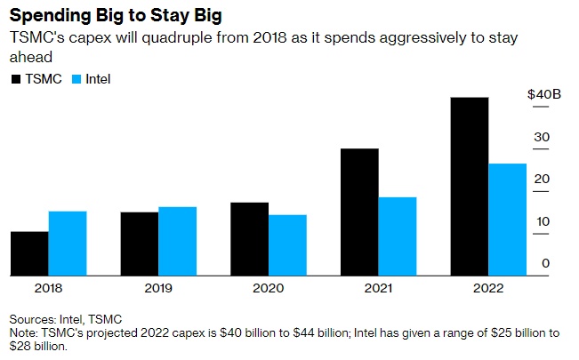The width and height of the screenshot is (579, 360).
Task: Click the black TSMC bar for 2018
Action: point(29,253)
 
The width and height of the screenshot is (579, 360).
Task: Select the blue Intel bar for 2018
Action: point(68,243)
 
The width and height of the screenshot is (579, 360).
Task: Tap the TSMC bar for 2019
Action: point(140,244)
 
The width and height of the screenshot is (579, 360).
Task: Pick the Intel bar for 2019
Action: point(178,241)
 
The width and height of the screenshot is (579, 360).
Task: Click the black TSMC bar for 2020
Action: point(250,238)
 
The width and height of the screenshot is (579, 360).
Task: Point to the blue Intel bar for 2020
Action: point(287,244)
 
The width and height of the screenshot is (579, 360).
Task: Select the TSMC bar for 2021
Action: point(359,212)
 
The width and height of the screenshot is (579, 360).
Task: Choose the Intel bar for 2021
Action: point(398,236)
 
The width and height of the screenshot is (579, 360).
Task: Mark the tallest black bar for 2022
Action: point(470,186)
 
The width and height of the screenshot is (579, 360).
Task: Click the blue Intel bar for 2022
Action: point(508,219)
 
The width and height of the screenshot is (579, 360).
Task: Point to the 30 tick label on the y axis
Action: point(542,137)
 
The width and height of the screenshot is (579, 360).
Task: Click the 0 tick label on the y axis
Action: point(545,263)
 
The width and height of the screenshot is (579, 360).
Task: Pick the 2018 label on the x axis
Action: point(48,289)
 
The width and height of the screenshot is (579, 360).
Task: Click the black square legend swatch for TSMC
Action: point(15,79)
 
